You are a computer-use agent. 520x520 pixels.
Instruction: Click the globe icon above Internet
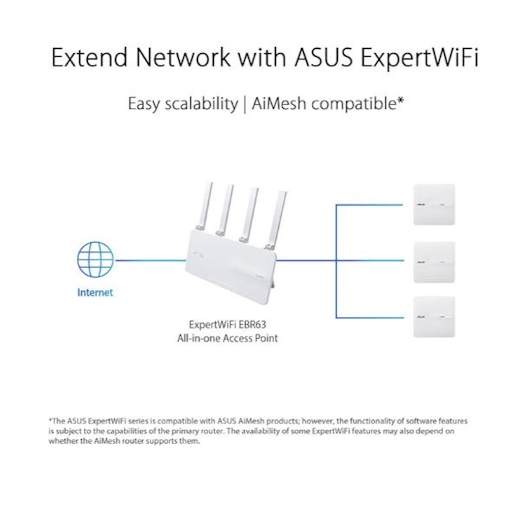pos(95,259)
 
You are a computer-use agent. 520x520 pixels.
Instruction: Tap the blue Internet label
pos(95,292)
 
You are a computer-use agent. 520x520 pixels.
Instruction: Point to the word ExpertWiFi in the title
pos(419,58)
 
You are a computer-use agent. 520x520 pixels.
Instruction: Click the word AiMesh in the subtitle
pos(279,104)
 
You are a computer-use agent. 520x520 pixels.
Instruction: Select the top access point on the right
pos(434,205)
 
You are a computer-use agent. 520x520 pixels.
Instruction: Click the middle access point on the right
pos(434,262)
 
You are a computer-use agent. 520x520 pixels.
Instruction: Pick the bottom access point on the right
pos(434,317)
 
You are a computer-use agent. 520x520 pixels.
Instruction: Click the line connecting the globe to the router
pos(150,261)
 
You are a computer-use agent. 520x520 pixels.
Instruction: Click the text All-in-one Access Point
pos(227,338)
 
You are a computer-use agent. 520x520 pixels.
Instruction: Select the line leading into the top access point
pos(371,205)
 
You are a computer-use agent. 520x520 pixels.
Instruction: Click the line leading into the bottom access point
pos(371,317)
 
